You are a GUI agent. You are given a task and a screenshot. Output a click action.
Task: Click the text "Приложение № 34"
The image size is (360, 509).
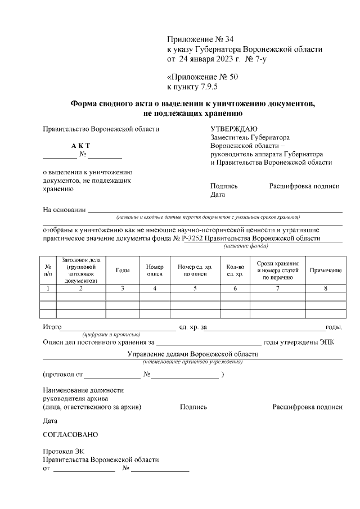tap(200, 39)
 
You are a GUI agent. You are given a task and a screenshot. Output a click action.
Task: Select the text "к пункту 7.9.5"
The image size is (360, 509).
tap(192, 87)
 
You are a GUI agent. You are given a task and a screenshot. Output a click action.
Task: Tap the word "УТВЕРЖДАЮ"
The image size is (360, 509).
tap(234, 128)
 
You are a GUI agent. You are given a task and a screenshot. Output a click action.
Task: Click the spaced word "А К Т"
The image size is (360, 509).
tap(80, 146)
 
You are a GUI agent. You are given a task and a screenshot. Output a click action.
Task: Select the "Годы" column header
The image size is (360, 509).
tap(123, 271)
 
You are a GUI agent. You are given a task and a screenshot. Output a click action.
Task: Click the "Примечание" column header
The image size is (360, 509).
tap(326, 271)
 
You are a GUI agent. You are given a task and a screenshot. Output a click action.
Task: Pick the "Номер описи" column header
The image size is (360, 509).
tap(154, 271)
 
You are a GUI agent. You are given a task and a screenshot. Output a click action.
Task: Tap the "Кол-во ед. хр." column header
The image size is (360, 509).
tap(235, 271)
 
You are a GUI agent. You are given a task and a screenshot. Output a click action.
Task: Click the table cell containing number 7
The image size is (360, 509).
tap(277, 288)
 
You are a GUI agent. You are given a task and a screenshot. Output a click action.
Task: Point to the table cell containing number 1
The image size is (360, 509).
tap(48, 288)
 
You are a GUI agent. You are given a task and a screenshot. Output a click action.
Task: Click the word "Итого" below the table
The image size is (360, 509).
tap(52, 327)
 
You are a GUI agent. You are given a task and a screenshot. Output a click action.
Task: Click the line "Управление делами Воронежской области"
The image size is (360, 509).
tap(193, 354)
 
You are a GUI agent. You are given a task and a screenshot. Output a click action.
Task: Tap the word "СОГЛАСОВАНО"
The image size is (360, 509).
tap(70, 435)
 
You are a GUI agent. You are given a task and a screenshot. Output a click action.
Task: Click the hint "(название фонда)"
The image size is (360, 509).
tap(246, 246)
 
